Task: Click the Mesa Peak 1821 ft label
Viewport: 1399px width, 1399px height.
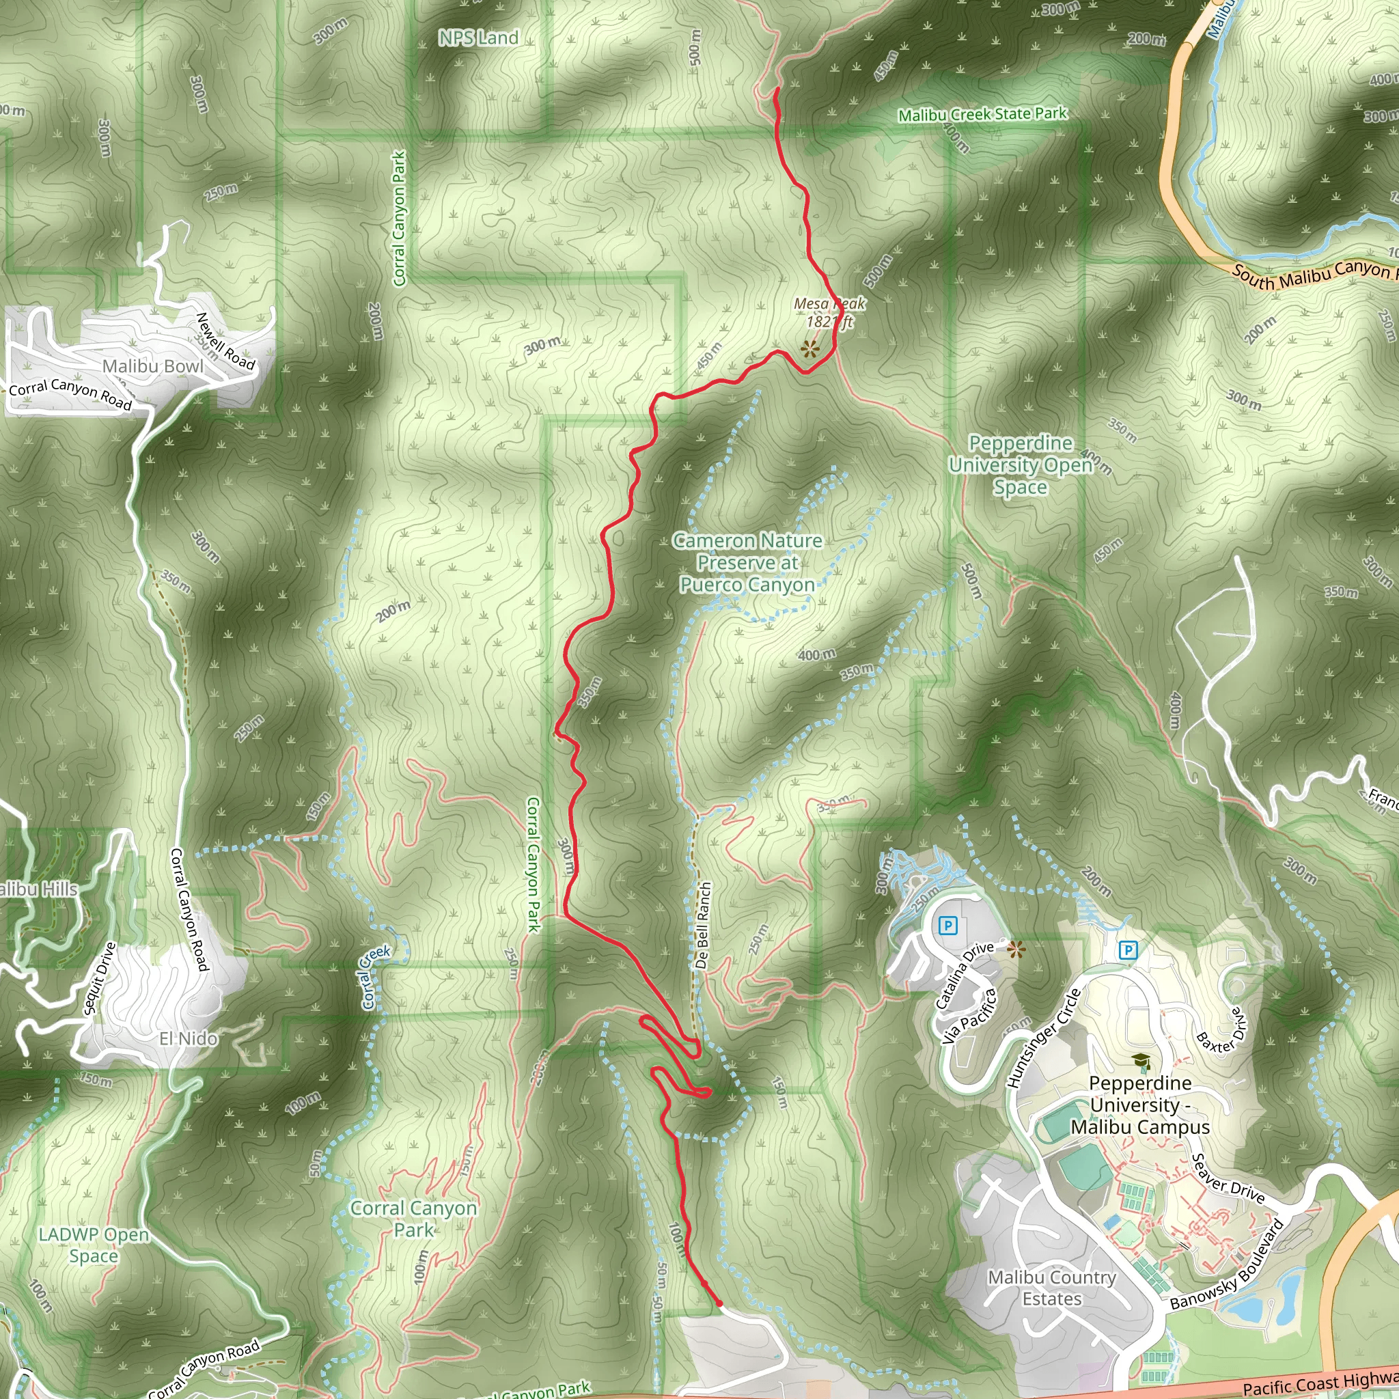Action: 829,312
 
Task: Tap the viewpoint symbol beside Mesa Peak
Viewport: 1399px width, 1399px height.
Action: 809,350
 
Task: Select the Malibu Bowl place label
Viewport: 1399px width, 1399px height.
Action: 153,366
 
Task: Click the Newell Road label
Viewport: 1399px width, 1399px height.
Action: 226,341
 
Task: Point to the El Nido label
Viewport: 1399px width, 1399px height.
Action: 189,1039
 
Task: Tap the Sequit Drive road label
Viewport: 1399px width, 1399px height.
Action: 99,978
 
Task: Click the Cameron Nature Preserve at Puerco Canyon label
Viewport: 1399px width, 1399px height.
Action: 747,563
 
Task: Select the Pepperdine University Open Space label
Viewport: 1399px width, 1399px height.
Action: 1021,465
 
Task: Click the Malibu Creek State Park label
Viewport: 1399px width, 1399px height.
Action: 982,114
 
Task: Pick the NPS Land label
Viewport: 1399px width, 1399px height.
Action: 479,38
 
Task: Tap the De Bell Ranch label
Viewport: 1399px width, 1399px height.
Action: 702,926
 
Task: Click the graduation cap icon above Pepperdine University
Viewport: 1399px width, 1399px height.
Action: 1142,1062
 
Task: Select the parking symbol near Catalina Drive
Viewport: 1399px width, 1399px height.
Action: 948,926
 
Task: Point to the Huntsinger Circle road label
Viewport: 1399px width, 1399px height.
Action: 1044,1038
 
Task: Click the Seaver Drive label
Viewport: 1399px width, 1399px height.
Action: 1228,1179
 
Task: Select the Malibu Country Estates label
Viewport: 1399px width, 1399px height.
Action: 1052,1288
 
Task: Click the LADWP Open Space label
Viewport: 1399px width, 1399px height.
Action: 94,1245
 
